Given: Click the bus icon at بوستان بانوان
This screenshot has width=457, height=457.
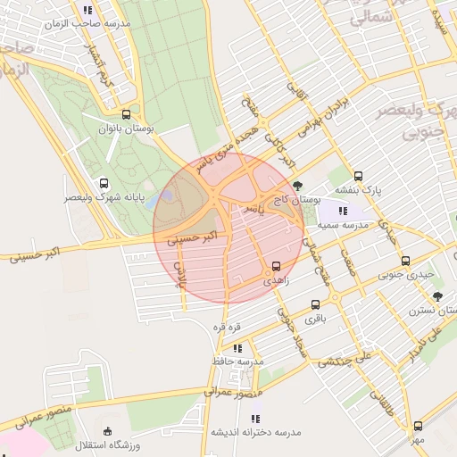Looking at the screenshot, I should point(126,114).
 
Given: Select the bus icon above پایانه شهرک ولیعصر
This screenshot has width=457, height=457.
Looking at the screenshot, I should point(105,182).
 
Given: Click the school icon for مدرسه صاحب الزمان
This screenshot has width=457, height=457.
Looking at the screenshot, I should point(88,10).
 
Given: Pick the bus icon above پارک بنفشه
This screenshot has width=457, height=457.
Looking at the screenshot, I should point(359,176).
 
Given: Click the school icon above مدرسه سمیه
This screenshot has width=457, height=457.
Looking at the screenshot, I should point(344,212).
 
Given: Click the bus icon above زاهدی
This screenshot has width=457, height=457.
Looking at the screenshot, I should point(275,266).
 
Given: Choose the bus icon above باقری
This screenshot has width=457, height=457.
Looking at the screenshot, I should point(314,303).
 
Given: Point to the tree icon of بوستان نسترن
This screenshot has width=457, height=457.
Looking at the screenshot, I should point(436,296).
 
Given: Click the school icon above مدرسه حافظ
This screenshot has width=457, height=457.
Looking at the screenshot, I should point(238,347).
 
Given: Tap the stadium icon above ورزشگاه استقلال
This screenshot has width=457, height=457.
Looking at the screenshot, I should point(107,430).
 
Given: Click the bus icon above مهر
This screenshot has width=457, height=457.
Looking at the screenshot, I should point(419,426).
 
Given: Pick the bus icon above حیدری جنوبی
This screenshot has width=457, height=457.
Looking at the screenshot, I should point(406,262).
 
